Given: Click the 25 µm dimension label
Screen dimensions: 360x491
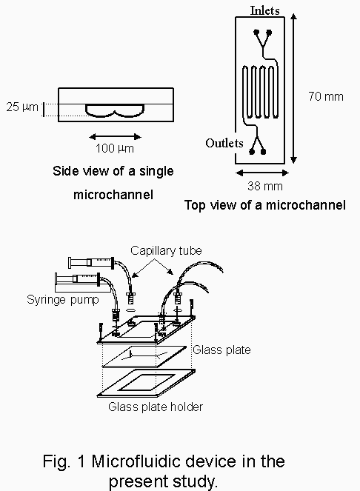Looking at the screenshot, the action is click(x=22, y=107).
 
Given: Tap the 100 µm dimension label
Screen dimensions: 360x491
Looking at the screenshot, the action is click(x=115, y=148).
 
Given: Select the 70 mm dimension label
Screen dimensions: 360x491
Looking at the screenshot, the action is click(x=326, y=96).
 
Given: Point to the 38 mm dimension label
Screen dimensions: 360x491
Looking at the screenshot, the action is click(x=265, y=186).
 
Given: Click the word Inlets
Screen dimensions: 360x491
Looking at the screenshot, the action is click(x=264, y=10).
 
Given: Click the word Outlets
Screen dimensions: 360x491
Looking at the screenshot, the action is click(x=224, y=143).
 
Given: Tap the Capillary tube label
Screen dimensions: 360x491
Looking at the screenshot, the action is click(x=166, y=250).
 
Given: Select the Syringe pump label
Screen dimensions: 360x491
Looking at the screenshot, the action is click(x=63, y=300).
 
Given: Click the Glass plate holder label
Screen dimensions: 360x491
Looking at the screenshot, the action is click(x=156, y=407).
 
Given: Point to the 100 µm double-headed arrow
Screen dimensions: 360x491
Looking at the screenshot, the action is click(x=115, y=136).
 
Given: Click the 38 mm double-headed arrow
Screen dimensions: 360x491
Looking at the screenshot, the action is click(x=262, y=173).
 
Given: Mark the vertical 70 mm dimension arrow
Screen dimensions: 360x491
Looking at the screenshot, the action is click(x=293, y=88).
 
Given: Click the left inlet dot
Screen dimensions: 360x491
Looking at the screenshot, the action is click(x=256, y=32).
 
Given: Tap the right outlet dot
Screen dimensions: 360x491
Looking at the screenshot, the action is click(x=263, y=152).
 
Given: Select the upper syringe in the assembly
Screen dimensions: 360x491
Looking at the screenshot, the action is click(x=91, y=262).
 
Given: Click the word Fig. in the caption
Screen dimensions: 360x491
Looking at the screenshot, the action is click(x=57, y=461).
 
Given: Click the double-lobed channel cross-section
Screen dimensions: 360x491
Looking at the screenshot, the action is click(x=115, y=110).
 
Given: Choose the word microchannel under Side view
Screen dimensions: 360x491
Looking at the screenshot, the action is click(x=113, y=195).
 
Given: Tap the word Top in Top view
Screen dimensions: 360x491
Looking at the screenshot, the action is click(x=196, y=205).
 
